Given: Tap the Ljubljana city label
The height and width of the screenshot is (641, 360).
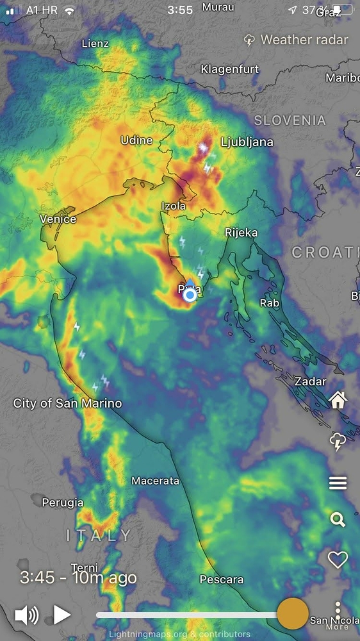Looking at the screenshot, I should tap(247, 142).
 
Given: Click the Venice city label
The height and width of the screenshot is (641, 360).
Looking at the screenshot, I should tap(58, 219).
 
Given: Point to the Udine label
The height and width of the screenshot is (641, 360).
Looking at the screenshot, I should tap(137, 140).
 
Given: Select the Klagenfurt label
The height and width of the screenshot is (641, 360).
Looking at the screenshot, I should tap(229, 69).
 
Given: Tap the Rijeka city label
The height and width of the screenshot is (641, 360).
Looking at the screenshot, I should tap(241, 233).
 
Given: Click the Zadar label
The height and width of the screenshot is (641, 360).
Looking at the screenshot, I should tap(310, 381).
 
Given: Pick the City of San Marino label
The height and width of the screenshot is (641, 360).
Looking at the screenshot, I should tap(67, 404).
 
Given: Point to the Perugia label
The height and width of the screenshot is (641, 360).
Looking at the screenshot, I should tap(63, 503).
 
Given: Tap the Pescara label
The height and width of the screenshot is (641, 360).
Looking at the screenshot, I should tap(222, 579).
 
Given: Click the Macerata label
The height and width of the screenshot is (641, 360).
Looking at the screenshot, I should tap(156, 481).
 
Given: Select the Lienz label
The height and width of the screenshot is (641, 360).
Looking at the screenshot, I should tap(95, 44).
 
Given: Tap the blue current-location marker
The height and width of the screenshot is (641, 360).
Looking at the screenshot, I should tap(190, 295).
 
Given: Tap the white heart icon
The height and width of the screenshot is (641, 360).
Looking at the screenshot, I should tap(338, 560).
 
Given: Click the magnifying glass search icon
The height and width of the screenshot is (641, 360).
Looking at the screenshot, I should tap(338, 519).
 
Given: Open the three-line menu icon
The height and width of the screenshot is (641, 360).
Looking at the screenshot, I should tap(338, 483).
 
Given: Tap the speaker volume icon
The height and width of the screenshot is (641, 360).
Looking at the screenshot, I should tap(26, 615).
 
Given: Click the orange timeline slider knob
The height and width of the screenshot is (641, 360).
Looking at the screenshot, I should tap(293, 614).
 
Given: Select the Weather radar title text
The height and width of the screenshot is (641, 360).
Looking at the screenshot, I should tap(304, 40).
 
